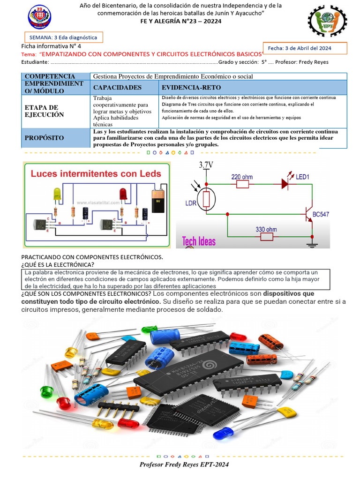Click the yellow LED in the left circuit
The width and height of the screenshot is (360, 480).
(x=57, y=194)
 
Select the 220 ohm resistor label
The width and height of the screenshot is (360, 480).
(x=242, y=177)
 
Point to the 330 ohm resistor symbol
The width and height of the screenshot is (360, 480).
(x=266, y=237)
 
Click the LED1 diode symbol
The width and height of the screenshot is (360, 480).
(x=285, y=184)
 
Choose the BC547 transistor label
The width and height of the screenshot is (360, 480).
(x=321, y=214)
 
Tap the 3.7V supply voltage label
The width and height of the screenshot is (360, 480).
(x=206, y=165)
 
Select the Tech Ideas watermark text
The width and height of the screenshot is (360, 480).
(x=199, y=241)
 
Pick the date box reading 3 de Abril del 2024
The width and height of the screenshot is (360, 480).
(x=306, y=48)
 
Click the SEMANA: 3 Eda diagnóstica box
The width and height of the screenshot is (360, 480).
(x=63, y=37)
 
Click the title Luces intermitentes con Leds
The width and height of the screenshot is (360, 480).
(x=96, y=173)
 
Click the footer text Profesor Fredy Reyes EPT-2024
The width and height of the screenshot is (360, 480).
(x=184, y=464)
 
